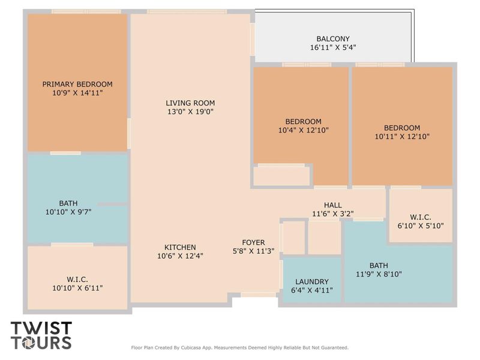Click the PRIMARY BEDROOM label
pyautogui.click(x=77, y=84)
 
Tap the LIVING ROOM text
pyautogui.click(x=190, y=103)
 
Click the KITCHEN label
pyautogui.click(x=180, y=247)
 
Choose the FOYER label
pyautogui.click(x=253, y=242)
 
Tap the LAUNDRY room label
pyautogui.click(x=311, y=281)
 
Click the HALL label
pyautogui.click(x=333, y=205)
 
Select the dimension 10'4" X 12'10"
pyautogui.click(x=303, y=130)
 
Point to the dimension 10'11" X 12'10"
pyautogui.click(x=402, y=136)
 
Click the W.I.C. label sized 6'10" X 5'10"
pyautogui.click(x=420, y=217)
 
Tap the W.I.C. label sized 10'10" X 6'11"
pyautogui.click(x=77, y=279)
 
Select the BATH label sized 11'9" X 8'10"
pyautogui.click(x=379, y=265)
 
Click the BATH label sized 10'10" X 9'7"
pyautogui.click(x=68, y=203)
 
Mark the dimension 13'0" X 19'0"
pyautogui.click(x=190, y=111)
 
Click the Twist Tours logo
pyautogui.click(x=41, y=335)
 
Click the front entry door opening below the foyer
pyautogui.click(x=259, y=295)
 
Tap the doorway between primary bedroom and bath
pyautogui.click(x=65, y=153)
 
